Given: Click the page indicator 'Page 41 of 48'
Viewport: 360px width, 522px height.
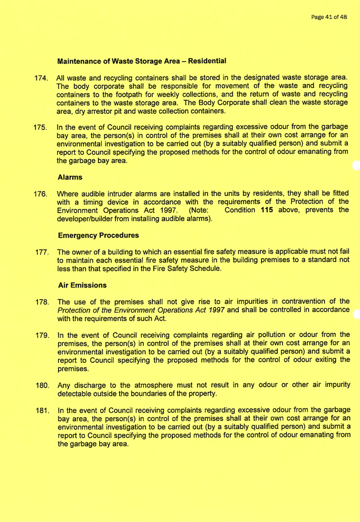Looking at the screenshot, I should [328, 17].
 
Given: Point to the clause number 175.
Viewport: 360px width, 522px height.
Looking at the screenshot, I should [40, 128].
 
